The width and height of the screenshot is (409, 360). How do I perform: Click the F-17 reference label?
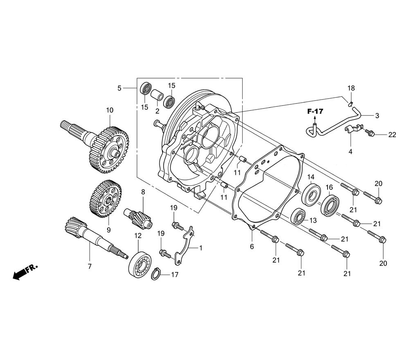coord(315,111)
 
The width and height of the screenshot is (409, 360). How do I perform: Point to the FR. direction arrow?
coord(25,272)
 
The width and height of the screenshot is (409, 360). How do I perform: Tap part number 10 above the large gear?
coord(110,110)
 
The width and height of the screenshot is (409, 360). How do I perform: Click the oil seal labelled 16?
coord(330,202)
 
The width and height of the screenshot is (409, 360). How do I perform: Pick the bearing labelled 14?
coord(311,195)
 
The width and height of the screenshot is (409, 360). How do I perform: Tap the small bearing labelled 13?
coord(299,216)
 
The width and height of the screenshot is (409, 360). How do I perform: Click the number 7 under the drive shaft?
coord(90,266)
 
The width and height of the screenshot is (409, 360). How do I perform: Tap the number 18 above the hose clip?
coord(351,88)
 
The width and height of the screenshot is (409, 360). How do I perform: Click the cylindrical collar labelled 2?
coord(157,96)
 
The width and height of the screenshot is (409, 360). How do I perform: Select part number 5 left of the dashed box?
coord(119,88)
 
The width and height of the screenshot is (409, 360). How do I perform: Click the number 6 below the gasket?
coord(252,247)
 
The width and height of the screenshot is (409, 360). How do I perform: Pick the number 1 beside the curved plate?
coord(200,248)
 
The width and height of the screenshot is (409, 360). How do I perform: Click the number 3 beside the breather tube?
coord(377,115)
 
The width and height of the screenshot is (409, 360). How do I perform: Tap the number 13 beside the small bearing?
coord(313,220)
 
